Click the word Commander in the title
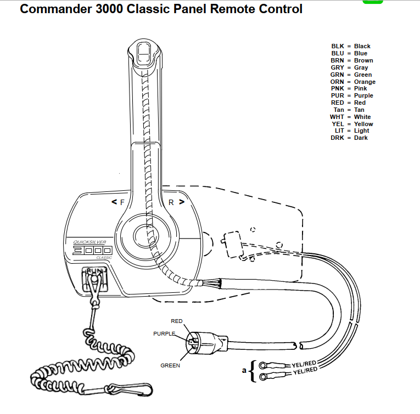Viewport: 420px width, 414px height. tap(55, 9)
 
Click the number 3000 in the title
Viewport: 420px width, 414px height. tap(109, 9)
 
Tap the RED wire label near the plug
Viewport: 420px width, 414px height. tap(177, 321)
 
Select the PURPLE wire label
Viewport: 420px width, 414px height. tap(164, 334)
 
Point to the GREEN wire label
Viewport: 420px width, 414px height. tap(170, 366)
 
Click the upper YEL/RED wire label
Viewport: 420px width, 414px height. tap(304, 364)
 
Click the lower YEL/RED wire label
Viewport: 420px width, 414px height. tap(305, 371)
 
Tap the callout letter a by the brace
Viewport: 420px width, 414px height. tap(244, 371)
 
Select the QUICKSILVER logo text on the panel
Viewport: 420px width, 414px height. tap(89, 242)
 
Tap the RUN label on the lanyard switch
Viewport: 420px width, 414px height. tap(94, 271)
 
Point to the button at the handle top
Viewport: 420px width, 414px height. tap(144, 54)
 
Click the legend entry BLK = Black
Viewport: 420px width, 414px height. tap(351, 46)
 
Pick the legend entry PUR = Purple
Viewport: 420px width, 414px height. tap(352, 95)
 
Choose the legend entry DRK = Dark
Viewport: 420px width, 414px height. tap(349, 138)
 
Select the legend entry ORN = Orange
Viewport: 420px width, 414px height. tap(353, 82)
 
